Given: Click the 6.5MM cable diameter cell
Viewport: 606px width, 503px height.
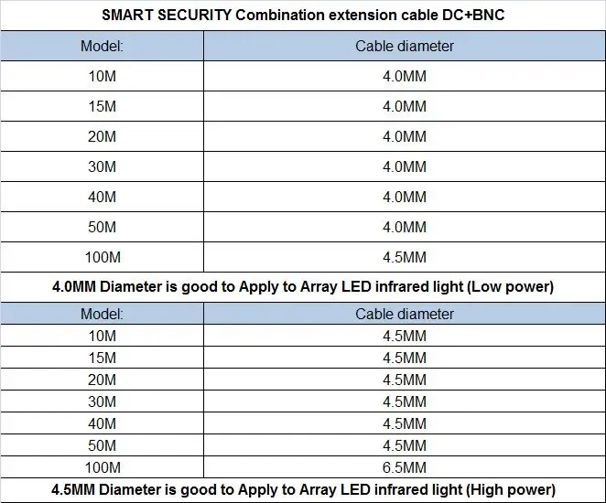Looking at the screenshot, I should [x=405, y=467].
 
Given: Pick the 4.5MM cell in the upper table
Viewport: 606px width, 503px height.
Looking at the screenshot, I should [x=405, y=257].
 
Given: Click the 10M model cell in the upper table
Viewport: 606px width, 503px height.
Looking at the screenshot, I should [x=102, y=76].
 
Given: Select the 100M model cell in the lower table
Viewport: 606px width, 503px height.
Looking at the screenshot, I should [x=102, y=467].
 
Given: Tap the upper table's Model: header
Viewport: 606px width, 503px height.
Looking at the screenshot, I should [x=102, y=46].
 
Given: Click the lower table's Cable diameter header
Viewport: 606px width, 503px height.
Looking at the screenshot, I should [x=405, y=314].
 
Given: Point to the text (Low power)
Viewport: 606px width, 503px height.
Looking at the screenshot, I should [x=510, y=286].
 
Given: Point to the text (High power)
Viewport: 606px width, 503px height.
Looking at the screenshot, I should [x=511, y=489].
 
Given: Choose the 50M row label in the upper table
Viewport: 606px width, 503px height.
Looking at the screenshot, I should [x=102, y=227].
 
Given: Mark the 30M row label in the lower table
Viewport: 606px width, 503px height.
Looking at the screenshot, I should [x=102, y=401].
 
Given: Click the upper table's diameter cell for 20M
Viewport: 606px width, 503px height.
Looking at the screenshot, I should [x=405, y=136].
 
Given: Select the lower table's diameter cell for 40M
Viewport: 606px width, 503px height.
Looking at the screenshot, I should [x=405, y=423].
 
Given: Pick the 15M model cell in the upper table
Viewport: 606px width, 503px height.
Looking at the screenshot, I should [x=102, y=106].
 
